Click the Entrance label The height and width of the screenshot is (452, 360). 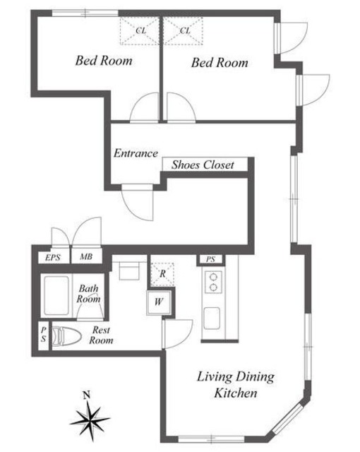tap(136, 153)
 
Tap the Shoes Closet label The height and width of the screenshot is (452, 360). tap(203, 165)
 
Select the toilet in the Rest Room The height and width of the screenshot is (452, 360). tap(66, 335)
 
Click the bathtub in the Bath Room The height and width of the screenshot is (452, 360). tap(56, 296)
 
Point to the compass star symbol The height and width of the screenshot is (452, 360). tap(90, 420)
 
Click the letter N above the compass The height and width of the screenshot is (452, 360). tap(86, 395)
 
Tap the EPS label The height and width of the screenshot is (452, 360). tap(53, 257)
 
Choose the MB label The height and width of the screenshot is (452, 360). tap(86, 256)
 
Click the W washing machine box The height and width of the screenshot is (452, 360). tap(159, 302)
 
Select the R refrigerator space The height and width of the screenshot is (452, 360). tap(162, 274)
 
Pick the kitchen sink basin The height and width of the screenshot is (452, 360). tap(212, 319)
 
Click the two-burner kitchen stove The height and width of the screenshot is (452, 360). tap(213, 282)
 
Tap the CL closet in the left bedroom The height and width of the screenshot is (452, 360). tap(140, 30)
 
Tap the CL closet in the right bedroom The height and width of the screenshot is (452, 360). tap(183, 30)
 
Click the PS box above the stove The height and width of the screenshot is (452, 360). tap(210, 259)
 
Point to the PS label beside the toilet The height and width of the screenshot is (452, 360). tap(44, 335)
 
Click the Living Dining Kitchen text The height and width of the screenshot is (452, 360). tap(236, 385)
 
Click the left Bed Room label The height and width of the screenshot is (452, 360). tap(104, 61)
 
